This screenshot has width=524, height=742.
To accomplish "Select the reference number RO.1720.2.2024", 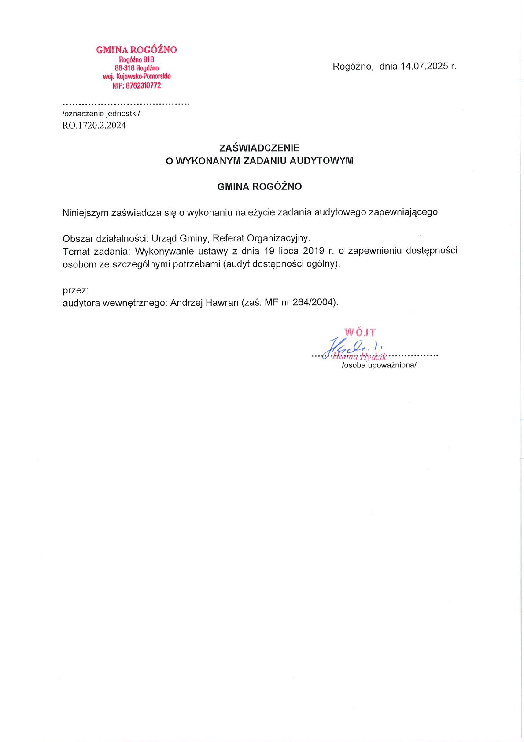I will [94, 126].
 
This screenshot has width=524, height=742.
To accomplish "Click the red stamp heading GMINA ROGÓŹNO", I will [137, 50].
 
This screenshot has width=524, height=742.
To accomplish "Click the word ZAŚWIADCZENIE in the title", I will [259, 148].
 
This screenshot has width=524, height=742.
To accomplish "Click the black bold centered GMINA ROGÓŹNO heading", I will [259, 187].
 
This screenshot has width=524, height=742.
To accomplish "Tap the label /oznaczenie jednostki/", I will [101, 114].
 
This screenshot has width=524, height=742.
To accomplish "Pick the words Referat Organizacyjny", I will [261, 238].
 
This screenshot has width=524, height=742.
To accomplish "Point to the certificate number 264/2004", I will [314, 303].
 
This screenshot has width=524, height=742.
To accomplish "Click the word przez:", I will [76, 291].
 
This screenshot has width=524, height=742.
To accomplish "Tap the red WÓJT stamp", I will [360, 332].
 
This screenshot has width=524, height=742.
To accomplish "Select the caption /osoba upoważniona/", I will [379, 365].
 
